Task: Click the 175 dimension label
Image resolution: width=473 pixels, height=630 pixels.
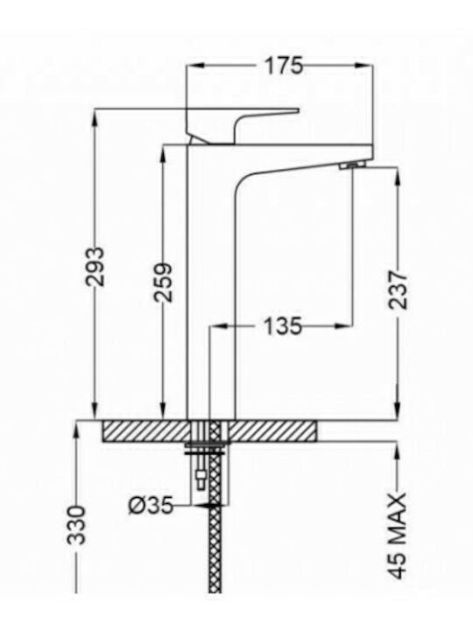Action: pos(283,66)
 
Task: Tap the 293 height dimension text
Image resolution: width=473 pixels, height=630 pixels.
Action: pos(95,266)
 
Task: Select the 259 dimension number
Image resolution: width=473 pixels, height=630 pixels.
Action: pos(163,282)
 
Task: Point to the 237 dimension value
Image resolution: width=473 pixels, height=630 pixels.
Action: pos(398,290)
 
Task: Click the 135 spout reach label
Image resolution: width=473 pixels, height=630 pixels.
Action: pos(282,325)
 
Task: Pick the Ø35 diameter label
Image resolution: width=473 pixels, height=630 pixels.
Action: pos(151,505)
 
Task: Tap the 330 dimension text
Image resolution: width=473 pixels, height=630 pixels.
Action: pos(76,525)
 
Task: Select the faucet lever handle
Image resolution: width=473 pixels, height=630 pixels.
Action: pos(243,125)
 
